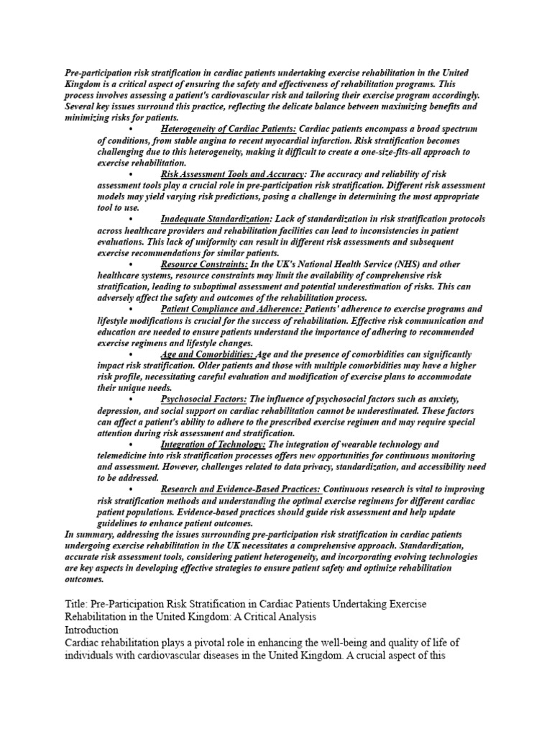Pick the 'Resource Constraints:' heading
tap(204, 264)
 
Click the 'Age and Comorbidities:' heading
tap(207, 354)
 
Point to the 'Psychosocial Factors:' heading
tap(204, 399)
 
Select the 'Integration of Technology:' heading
tap(213, 444)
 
